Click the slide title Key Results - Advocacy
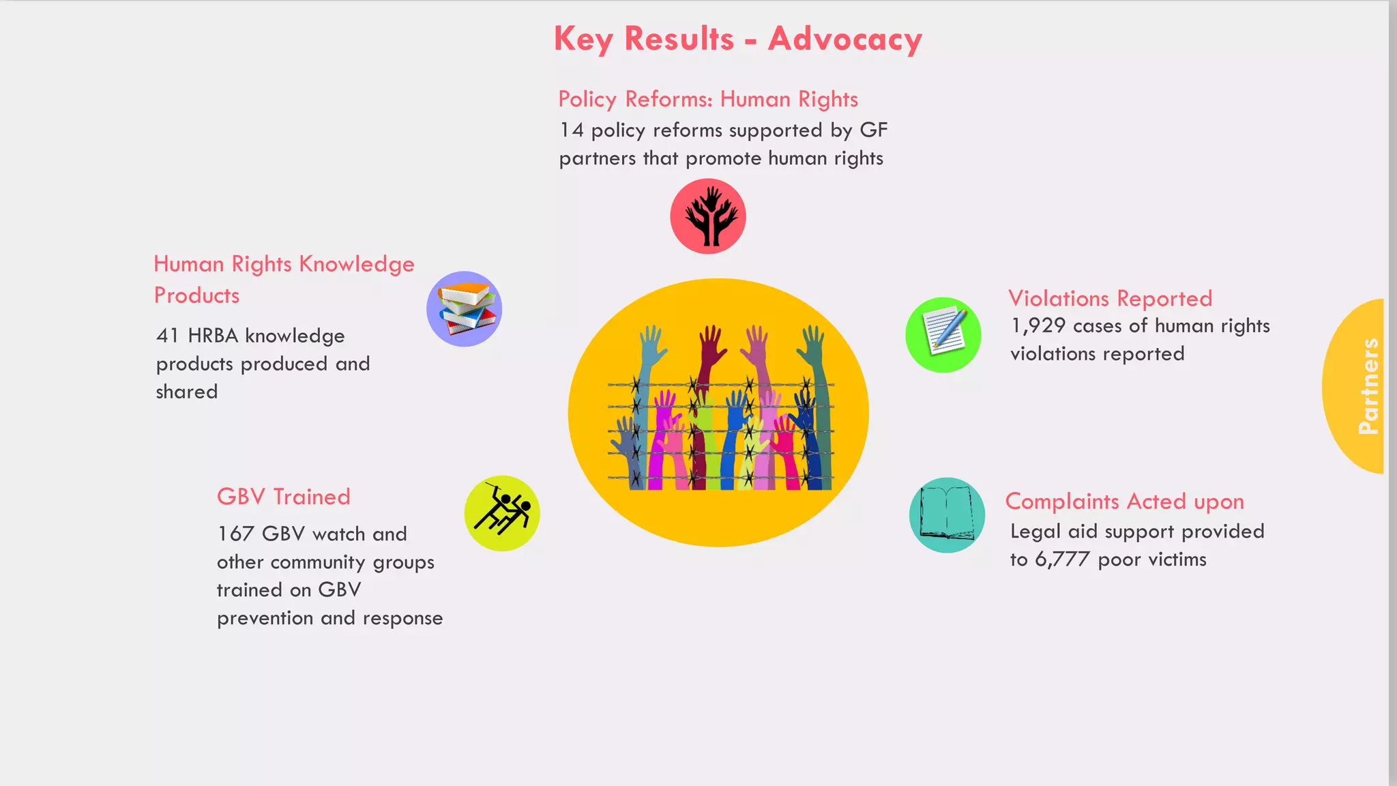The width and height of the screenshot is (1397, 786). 737,39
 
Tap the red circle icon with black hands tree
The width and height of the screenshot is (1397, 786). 708,216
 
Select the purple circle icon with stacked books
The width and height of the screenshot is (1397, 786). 465,309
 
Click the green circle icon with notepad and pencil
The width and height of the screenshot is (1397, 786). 943,335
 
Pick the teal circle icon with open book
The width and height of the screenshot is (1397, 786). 947,515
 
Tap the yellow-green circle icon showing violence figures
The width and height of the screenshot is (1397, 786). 502,513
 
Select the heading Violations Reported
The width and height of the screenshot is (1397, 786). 1110,298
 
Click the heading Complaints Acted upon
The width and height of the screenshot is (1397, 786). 1124,501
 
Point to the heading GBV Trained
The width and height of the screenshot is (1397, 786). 283,497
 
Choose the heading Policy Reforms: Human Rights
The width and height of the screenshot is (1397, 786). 707,100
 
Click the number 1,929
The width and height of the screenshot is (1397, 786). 1038,326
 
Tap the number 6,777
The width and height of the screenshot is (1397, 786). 1062,559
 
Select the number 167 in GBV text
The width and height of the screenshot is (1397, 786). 235,534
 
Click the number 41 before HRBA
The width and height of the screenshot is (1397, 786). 168,336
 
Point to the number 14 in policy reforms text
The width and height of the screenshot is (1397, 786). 572,130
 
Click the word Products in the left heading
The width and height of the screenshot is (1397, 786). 196,295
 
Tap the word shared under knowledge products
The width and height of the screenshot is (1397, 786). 186,392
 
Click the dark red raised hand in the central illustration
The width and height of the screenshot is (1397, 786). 711,348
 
